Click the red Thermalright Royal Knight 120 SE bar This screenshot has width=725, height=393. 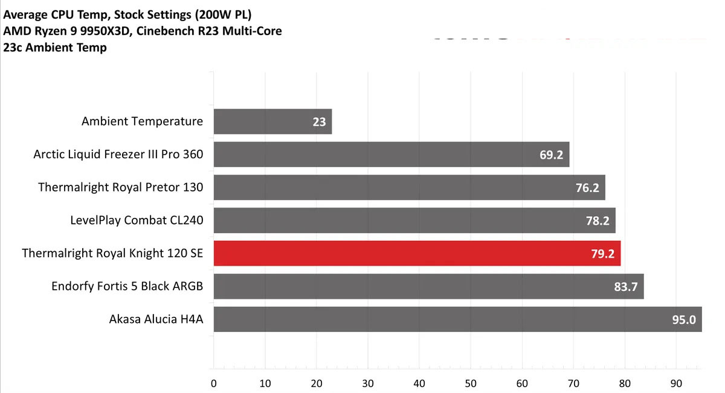(x=417, y=254)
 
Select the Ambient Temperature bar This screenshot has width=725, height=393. (x=272, y=121)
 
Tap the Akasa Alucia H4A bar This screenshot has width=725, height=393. (x=457, y=319)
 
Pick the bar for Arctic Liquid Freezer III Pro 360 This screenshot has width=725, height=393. (x=391, y=155)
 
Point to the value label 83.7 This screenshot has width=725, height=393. (x=626, y=286)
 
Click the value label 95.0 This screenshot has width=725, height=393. (x=684, y=319)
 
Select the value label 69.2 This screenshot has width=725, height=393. (x=551, y=155)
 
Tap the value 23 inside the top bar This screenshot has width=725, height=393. (x=319, y=122)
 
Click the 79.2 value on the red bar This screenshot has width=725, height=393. (x=602, y=254)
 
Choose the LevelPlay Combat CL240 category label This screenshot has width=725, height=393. (x=137, y=220)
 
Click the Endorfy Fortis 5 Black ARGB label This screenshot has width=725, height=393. (x=127, y=286)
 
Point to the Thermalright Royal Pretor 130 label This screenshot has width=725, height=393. (x=120, y=187)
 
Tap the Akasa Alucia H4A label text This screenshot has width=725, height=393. (x=155, y=319)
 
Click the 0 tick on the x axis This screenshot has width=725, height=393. (x=214, y=383)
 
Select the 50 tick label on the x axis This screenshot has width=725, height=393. (x=471, y=383)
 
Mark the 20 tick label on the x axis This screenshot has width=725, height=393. (x=317, y=383)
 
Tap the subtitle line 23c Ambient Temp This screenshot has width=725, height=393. (x=55, y=48)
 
